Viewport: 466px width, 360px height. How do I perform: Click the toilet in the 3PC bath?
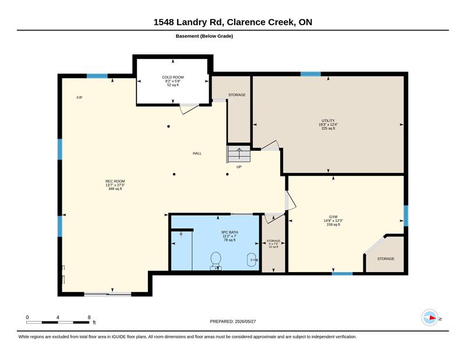pos(216,261)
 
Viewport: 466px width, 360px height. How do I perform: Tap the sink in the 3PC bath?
pos(252,260)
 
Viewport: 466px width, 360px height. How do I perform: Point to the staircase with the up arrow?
pos(239,154)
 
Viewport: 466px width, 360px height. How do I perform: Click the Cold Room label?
pos(173,77)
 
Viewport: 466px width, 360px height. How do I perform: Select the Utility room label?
pos(328,121)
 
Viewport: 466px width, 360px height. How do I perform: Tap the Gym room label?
pos(333,217)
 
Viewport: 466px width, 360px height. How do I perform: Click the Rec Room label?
pos(115,181)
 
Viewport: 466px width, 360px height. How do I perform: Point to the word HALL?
pos(197,153)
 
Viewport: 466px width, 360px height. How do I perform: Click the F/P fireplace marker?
pos(79,97)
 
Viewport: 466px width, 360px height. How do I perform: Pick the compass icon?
pos(430,318)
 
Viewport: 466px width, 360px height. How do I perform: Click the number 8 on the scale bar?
pos(89,317)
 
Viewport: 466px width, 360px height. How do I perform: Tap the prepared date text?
pos(233,322)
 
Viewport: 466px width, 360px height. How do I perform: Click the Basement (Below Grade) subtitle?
pos(204,36)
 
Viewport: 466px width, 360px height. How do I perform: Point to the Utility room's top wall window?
pos(310,74)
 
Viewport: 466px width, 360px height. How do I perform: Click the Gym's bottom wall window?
pos(342,273)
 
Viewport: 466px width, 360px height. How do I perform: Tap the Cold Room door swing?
pos(189,109)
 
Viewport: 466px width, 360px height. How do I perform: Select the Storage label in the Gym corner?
pos(386,259)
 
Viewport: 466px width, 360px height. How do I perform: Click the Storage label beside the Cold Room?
pos(237,95)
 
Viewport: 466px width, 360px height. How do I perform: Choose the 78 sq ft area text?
pos(230,240)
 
